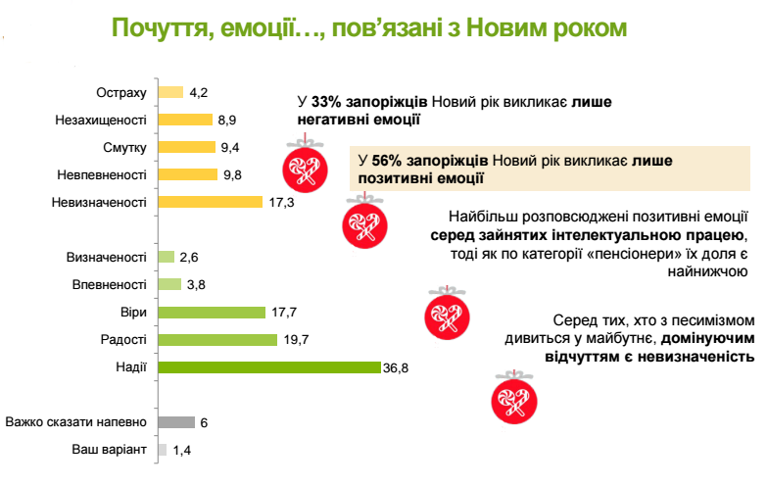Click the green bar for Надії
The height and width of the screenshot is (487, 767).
point(268,367)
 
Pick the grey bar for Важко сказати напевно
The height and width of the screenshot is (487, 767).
point(175,422)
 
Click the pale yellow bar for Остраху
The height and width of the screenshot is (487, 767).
point(170,92)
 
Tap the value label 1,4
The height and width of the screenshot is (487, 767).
point(181,450)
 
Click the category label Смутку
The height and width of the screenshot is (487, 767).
point(124,147)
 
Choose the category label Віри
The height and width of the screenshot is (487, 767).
point(133,313)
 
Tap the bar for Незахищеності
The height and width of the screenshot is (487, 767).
point(184,120)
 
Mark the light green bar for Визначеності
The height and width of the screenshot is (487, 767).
point(166,258)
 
